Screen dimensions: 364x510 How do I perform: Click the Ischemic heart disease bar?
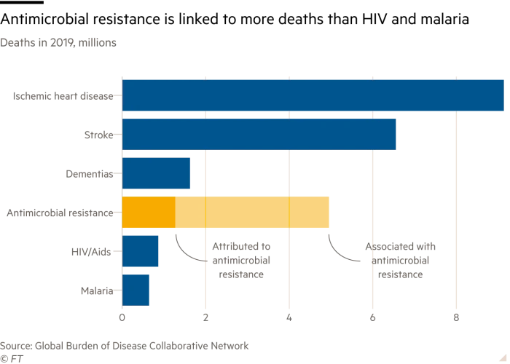pyautogui.click(x=313, y=95)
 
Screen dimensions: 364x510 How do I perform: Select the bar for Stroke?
pyautogui.click(x=259, y=134)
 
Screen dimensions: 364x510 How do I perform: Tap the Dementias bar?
pyautogui.click(x=156, y=173)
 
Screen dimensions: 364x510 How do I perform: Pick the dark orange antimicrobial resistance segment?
pyautogui.click(x=149, y=212)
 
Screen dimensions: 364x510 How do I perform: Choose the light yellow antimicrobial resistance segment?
pyautogui.click(x=252, y=212)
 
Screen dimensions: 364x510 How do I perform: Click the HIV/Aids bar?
pyautogui.click(x=140, y=251)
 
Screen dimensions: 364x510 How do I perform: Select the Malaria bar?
pyautogui.click(x=136, y=290)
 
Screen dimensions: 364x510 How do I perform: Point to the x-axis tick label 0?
pyautogui.click(x=122, y=317)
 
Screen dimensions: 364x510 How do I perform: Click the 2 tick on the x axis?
pyautogui.click(x=205, y=317)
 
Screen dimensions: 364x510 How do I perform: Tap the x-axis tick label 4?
pyautogui.click(x=289, y=317)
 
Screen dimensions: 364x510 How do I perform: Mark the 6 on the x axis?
pyautogui.click(x=372, y=317)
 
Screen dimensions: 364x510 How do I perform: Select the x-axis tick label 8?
pyautogui.click(x=456, y=317)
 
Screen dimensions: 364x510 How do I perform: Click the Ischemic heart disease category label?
pyautogui.click(x=63, y=95)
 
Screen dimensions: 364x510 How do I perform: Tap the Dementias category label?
pyautogui.click(x=90, y=174)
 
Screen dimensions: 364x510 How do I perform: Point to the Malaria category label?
pyautogui.click(x=97, y=291)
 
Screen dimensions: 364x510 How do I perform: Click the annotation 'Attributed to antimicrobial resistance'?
pyautogui.click(x=240, y=261)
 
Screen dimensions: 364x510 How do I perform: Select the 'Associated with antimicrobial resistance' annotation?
pyautogui.click(x=400, y=261)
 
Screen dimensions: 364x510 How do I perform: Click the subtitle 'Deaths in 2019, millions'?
pyautogui.click(x=58, y=42)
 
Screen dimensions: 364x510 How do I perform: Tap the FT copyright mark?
pyautogui.click(x=12, y=358)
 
